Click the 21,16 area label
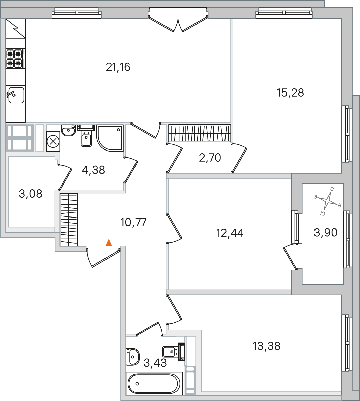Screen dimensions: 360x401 click(118, 67)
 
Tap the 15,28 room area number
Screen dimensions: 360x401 click(290, 93)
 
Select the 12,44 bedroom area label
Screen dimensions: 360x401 click(230, 233)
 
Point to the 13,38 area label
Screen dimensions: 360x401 click(267, 346)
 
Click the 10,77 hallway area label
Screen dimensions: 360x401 click(133, 222)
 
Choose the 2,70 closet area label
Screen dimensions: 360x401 click(210, 158)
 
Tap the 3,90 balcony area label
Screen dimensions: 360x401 click(325, 232)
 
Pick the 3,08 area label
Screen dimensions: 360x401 click(30, 194)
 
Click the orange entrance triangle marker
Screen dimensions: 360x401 click(109, 243)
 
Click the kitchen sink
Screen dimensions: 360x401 click(16, 95)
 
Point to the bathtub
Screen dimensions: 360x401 click(155, 383)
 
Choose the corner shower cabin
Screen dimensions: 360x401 click(110, 138)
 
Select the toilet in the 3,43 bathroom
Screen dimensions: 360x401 click(173, 352)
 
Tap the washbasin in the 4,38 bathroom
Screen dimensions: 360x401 click(68, 130)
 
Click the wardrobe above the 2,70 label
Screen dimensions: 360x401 click(200, 133)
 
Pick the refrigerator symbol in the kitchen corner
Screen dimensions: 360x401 click(16, 28)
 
